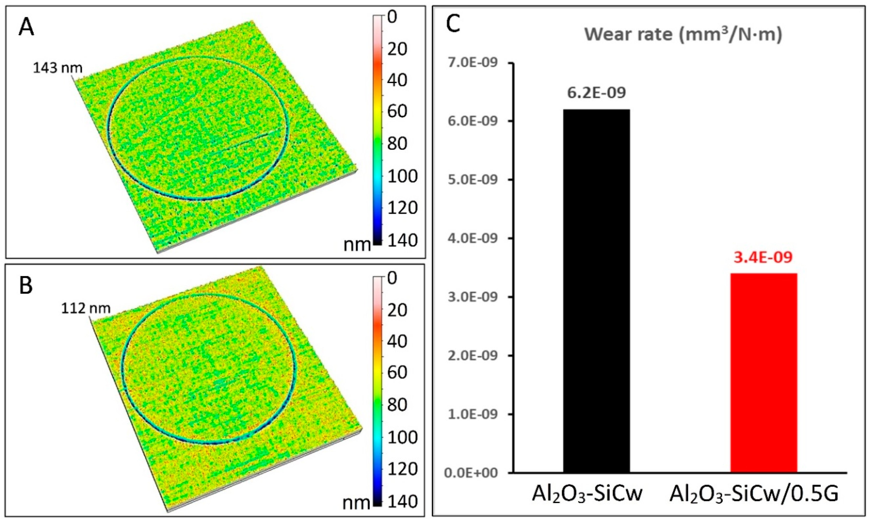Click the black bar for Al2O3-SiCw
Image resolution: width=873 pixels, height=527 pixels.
(596, 291)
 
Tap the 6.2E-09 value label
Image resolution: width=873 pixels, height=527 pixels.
(596, 93)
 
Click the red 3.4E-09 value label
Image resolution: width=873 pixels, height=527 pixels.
(763, 258)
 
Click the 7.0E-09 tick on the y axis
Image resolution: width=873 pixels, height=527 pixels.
(473, 63)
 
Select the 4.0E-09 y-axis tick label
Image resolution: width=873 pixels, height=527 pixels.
(473, 238)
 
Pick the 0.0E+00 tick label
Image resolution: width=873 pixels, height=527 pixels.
(471, 473)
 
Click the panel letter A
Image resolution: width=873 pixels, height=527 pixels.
(26, 27)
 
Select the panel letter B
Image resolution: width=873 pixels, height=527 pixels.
(26, 286)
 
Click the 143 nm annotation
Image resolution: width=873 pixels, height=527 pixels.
(57, 68)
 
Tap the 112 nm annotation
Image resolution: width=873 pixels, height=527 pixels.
(86, 308)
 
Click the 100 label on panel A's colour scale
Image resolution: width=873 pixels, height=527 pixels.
(402, 176)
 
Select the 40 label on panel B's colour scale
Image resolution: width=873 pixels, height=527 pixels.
(397, 341)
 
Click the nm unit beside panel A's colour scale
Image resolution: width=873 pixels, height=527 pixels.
(357, 244)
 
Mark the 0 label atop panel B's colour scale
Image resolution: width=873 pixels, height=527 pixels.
(392, 278)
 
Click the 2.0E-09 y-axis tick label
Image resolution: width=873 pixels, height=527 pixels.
(473, 355)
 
